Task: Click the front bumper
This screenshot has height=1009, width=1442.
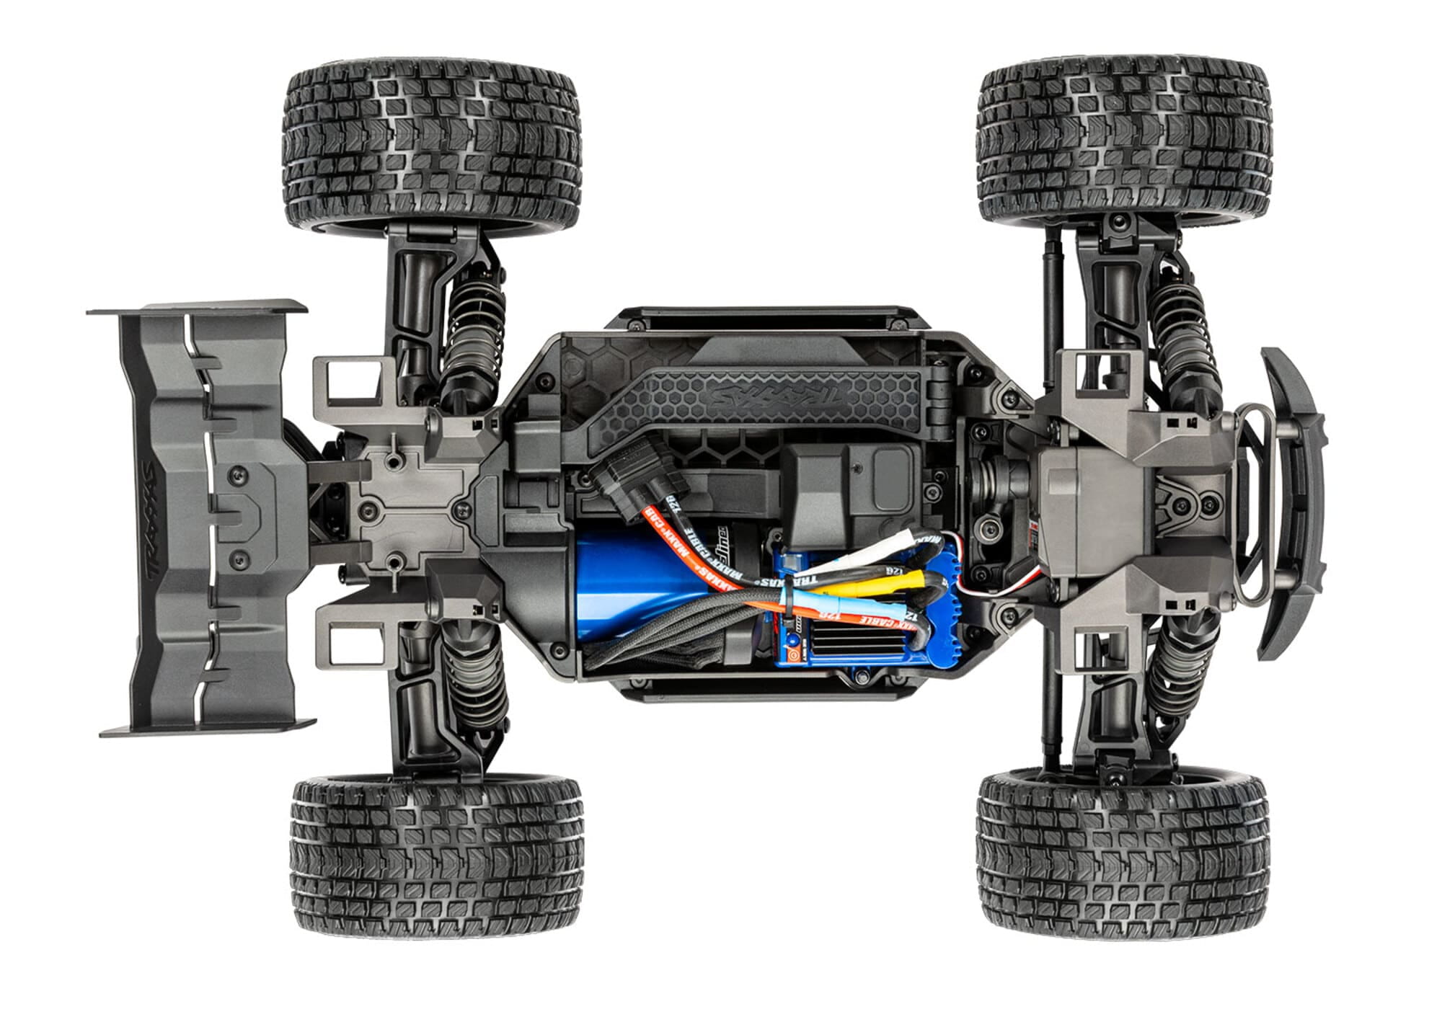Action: [x=1291, y=504]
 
